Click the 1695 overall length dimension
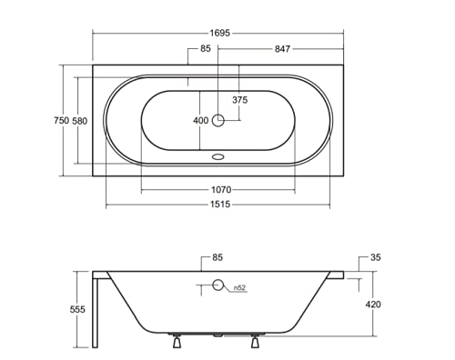click(x=220, y=33)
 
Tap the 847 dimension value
click(x=282, y=49)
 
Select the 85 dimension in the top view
click(x=206, y=48)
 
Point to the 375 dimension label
click(x=240, y=100)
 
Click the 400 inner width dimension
click(x=201, y=121)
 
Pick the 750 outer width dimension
click(x=62, y=120)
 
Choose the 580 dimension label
click(x=80, y=121)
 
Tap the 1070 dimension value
click(x=221, y=190)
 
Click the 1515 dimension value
click(x=220, y=205)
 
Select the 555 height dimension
click(x=77, y=309)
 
